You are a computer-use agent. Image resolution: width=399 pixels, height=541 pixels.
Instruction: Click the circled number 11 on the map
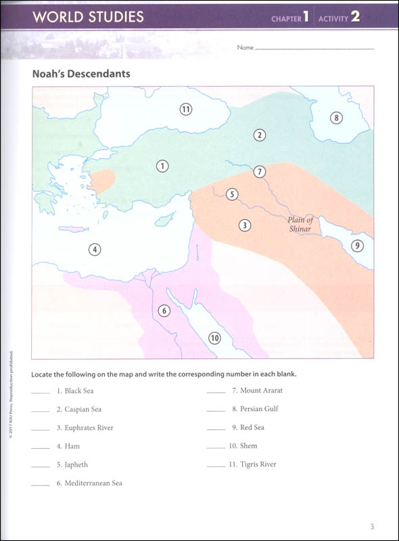[187, 108]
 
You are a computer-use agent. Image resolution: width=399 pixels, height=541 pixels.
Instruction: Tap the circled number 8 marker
[337, 118]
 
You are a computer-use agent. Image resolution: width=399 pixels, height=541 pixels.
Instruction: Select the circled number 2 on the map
[259, 135]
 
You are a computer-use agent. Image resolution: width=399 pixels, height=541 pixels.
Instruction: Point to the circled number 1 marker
[162, 165]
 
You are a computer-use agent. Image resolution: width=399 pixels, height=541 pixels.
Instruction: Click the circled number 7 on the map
[259, 172]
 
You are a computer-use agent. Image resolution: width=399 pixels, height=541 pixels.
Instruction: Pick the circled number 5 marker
[232, 195]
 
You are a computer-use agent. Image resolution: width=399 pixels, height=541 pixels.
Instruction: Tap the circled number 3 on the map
[245, 225]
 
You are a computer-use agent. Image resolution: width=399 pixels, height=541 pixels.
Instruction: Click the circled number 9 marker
[358, 245]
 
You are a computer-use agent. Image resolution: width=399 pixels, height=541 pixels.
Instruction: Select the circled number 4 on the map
[95, 250]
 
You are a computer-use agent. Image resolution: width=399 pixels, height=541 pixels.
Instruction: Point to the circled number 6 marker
[163, 311]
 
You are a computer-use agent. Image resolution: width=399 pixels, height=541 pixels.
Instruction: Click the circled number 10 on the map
[214, 338]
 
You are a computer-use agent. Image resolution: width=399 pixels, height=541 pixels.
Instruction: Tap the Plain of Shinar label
[300, 225]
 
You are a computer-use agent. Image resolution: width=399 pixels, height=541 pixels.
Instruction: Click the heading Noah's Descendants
[81, 74]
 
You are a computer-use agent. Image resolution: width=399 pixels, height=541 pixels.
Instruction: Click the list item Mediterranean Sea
[89, 483]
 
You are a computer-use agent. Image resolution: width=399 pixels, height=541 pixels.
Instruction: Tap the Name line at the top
[314, 49]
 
